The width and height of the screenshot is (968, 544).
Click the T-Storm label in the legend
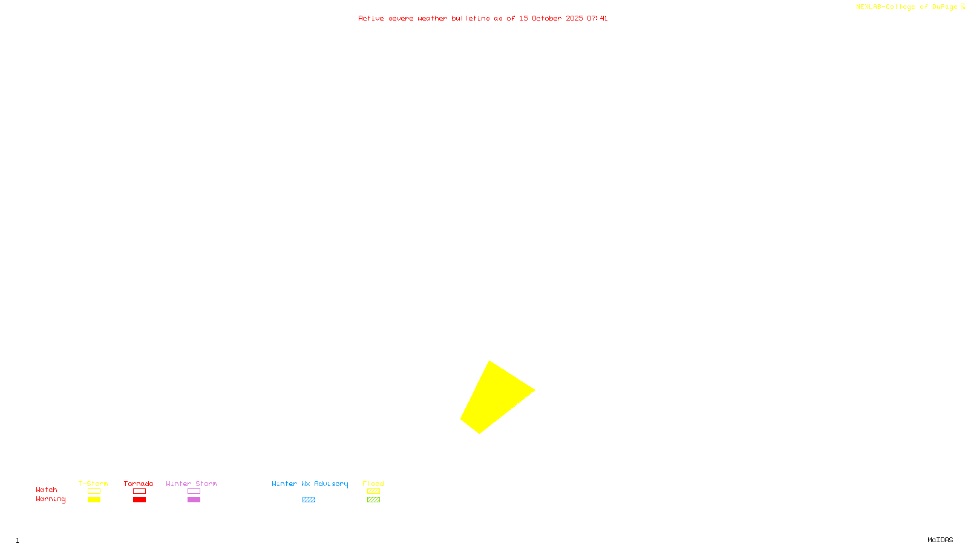click(x=93, y=484)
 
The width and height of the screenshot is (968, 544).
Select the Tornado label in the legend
click(x=139, y=484)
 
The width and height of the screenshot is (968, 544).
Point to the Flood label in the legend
click(x=373, y=484)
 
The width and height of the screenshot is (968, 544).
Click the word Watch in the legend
click(x=47, y=490)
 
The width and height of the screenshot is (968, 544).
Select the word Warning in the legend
click(x=50, y=499)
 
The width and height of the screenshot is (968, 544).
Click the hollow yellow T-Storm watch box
click(x=94, y=491)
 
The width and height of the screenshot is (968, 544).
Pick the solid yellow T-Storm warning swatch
click(x=94, y=500)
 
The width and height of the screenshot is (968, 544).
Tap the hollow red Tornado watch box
click(x=139, y=491)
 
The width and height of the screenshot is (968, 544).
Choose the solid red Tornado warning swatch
click(x=139, y=500)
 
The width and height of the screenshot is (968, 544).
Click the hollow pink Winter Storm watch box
click(x=194, y=491)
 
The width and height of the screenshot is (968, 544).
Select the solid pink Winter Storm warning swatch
click(x=194, y=500)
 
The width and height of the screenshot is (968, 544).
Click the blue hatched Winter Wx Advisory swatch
click(x=309, y=500)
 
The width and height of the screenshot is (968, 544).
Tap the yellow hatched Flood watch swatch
click(x=373, y=491)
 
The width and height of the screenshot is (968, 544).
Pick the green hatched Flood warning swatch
click(x=373, y=500)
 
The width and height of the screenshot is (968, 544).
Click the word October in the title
click(x=546, y=18)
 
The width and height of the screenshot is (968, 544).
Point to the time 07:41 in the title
click(x=597, y=18)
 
